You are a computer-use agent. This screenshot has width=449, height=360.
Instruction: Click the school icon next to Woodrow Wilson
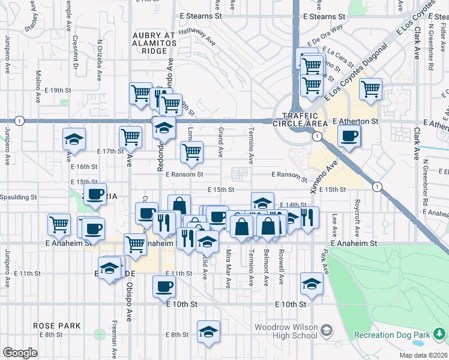(326, 330)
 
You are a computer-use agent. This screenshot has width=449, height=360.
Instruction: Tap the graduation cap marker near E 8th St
(208, 331)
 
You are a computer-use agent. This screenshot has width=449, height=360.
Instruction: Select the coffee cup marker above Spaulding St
(95, 194)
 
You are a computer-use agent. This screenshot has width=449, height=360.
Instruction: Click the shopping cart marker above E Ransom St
(191, 152)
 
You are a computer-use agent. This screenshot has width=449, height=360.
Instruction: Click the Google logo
(20, 353)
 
